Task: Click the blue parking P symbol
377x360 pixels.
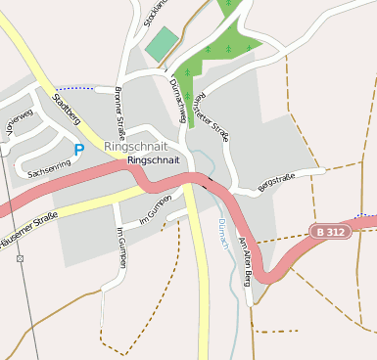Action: point(78,150)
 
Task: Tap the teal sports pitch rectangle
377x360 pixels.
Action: point(162,43)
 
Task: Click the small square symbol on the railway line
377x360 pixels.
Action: point(20,258)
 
